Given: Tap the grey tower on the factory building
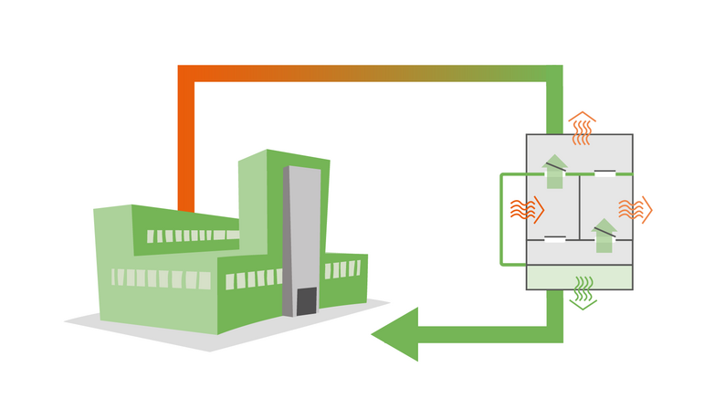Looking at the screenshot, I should pos(301,228).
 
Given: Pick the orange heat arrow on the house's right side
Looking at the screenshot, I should pos(636,209).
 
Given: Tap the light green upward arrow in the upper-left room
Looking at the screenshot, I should pos(553,172).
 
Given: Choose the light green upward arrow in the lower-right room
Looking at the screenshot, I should pos(604,236).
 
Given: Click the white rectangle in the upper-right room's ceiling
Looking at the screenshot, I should pos(604,173).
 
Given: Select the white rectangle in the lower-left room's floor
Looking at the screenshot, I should pos(554,240).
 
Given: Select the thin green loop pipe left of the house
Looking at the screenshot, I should pos(501,219).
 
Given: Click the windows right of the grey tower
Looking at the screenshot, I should pos(341,269).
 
